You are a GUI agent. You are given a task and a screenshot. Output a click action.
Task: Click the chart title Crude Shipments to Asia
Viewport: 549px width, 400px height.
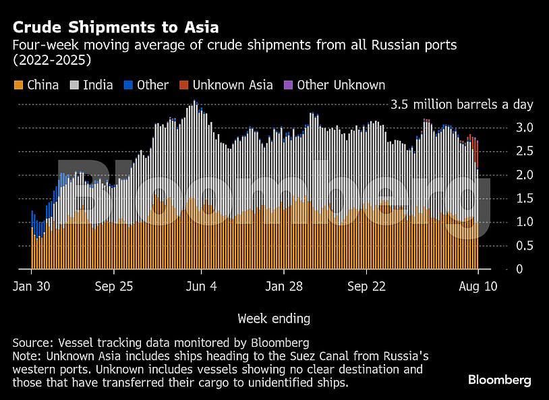(115, 28)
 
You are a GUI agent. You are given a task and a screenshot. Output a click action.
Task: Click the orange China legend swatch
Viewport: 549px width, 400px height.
(18, 85)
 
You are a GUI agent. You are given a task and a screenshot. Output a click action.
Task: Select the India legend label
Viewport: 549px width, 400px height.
(98, 85)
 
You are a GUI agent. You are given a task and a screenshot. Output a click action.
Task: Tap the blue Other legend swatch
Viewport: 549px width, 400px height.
(127, 85)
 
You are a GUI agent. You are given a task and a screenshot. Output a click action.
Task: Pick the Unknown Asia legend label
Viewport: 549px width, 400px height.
(233, 85)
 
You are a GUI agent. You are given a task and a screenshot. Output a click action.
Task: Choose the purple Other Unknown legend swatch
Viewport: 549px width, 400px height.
(288, 85)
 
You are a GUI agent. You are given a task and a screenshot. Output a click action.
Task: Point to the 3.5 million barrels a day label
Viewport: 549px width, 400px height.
(462, 105)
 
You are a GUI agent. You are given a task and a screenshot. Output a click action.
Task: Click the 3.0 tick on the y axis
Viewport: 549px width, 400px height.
(525, 127)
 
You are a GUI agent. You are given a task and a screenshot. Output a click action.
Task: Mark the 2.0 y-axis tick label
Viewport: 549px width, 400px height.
(525, 175)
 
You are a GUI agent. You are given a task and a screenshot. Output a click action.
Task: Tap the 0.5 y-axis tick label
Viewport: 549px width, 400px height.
(525, 246)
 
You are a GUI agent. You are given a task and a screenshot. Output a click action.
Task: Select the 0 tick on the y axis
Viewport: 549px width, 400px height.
(519, 269)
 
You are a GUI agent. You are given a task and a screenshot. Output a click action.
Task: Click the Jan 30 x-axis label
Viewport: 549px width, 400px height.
(31, 286)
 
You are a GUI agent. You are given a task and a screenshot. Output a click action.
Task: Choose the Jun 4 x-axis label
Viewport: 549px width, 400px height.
(202, 286)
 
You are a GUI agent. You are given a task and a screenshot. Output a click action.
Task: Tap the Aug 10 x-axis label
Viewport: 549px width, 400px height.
(478, 286)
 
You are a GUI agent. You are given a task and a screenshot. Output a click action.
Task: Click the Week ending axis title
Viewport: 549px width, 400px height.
(274, 318)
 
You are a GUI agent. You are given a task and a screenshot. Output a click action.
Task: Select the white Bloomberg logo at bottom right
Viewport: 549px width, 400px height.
(500, 380)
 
